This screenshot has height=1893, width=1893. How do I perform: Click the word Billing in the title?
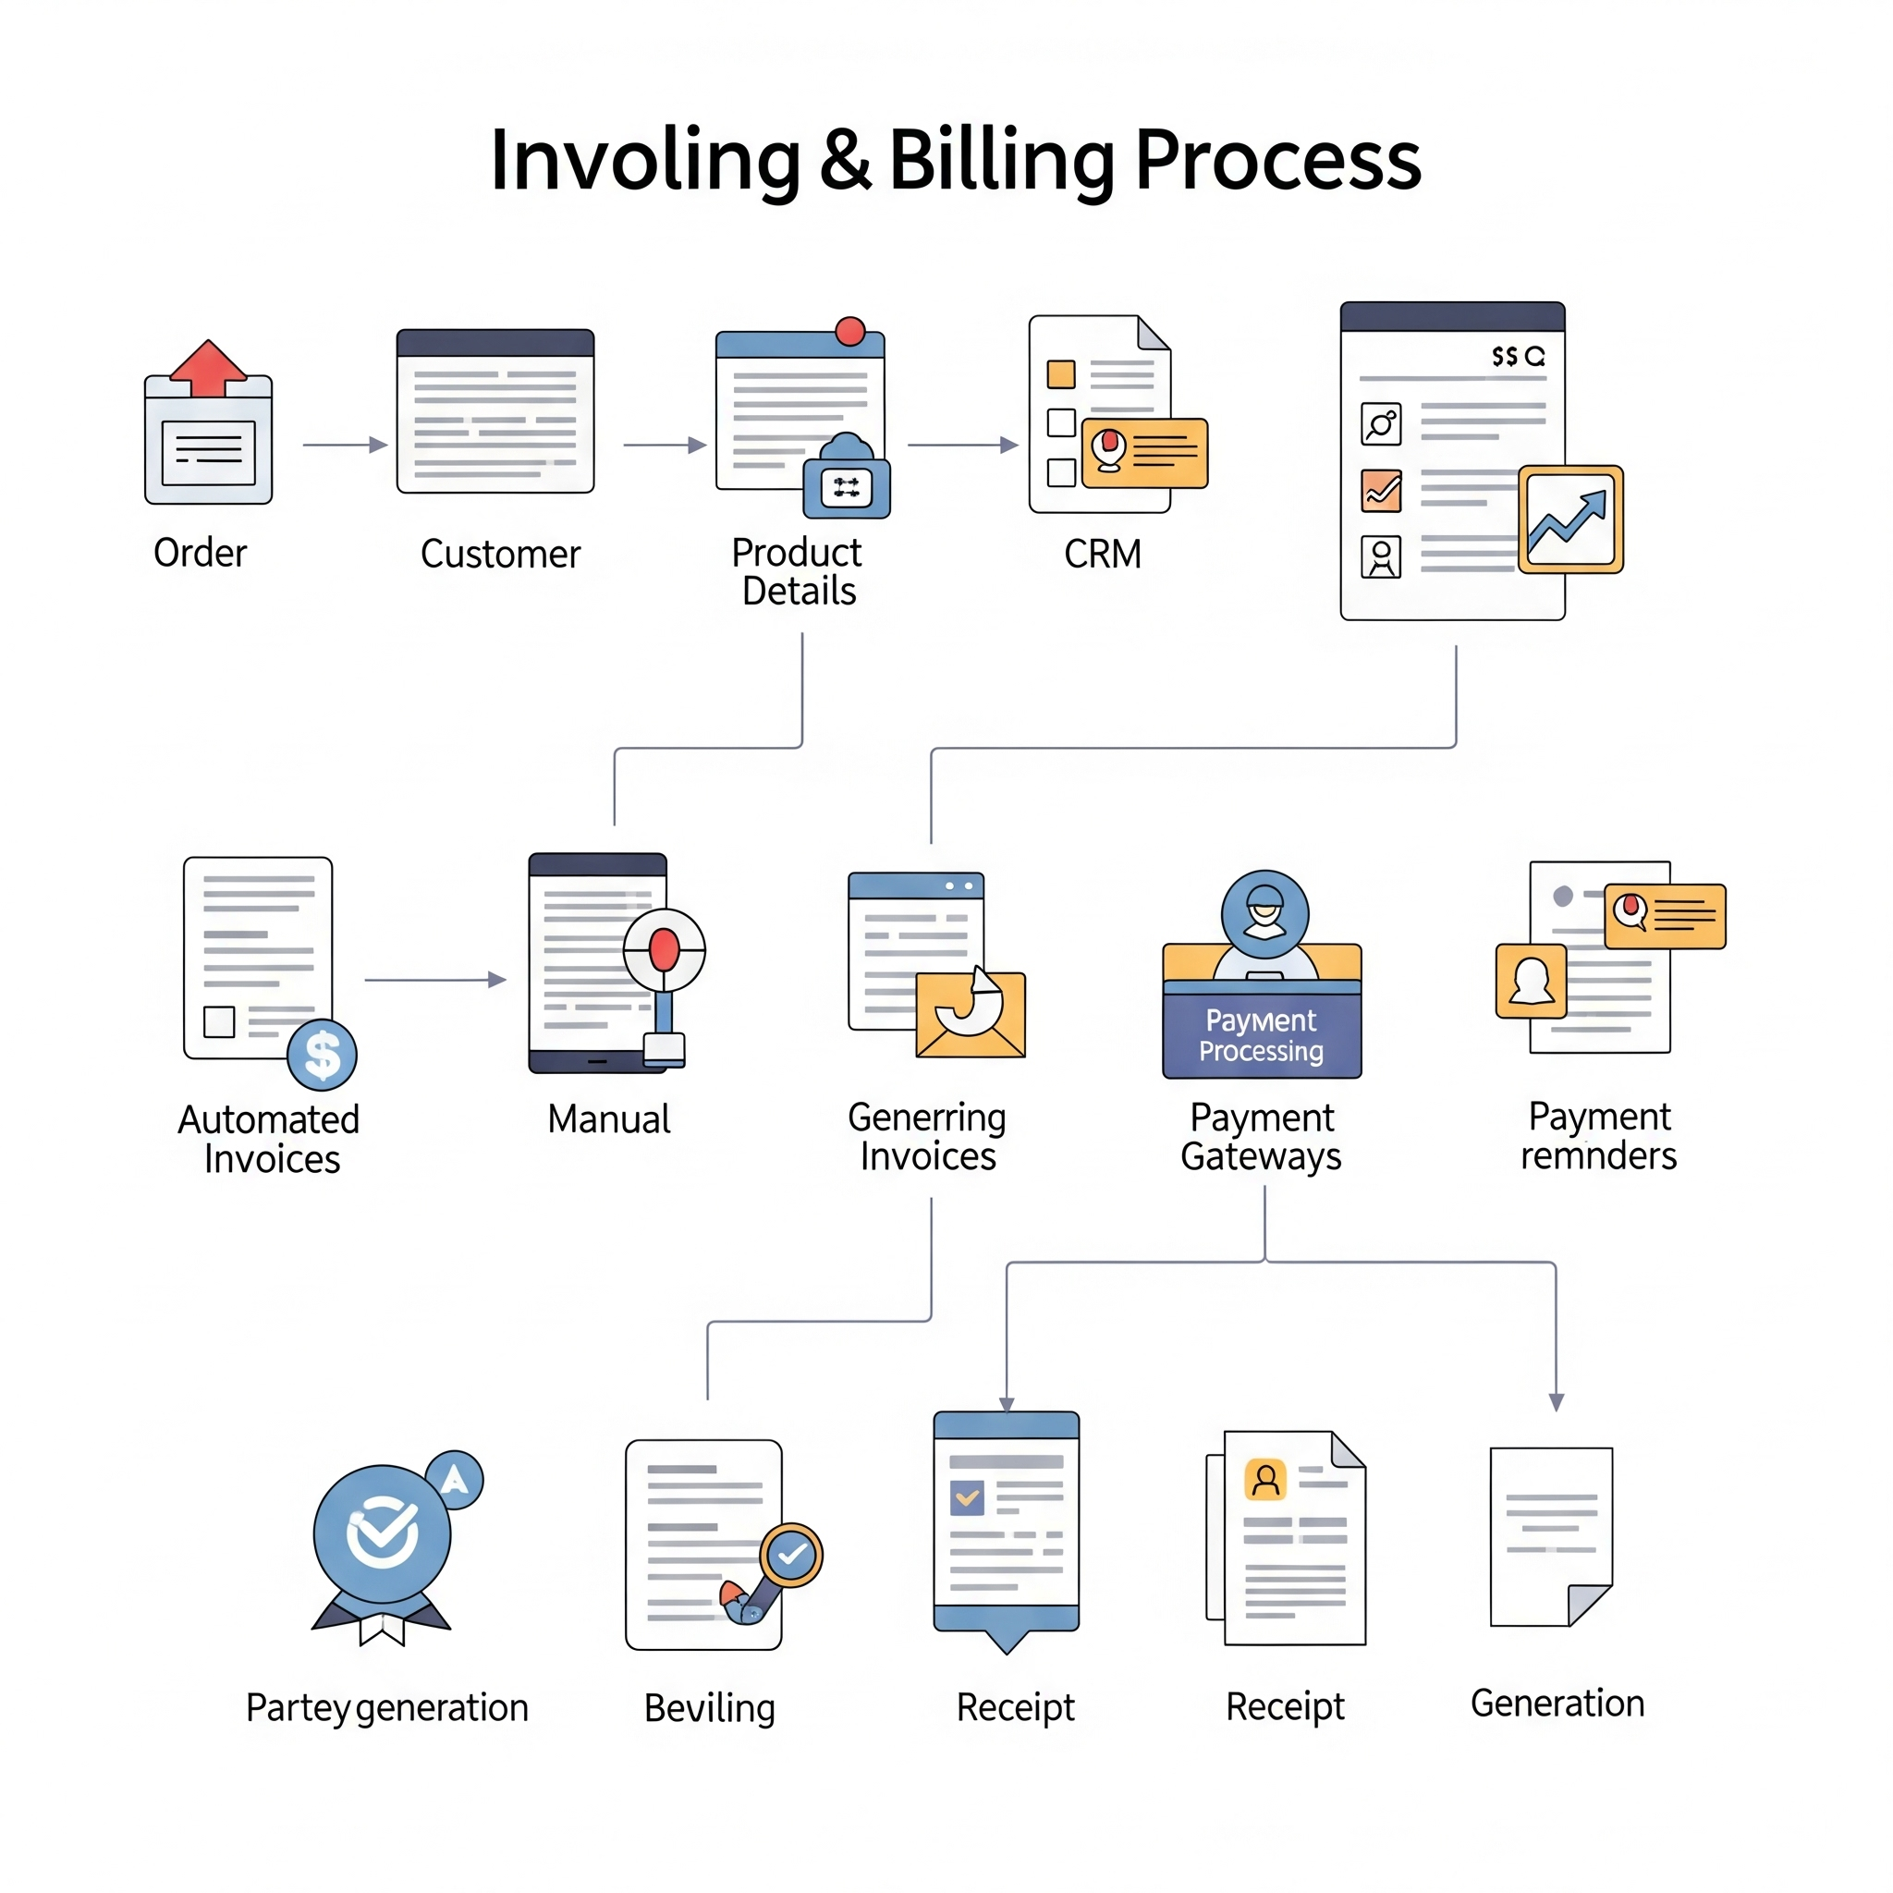(1000, 162)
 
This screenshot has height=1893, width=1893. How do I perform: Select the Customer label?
(500, 555)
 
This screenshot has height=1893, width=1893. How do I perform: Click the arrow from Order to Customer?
(344, 445)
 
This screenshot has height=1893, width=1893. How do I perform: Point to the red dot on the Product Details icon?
(849, 331)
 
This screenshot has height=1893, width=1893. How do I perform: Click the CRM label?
(1103, 555)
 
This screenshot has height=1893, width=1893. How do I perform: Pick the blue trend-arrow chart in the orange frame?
(1569, 519)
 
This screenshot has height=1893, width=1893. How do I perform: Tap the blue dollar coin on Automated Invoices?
(322, 1056)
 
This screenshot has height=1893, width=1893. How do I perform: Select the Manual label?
(608, 1119)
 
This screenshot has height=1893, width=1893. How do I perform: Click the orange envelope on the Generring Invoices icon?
(970, 1016)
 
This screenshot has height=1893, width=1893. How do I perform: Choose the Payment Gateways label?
(1261, 1138)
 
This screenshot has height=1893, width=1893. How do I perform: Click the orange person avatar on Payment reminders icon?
(1531, 982)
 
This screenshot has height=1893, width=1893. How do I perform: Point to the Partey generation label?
(387, 1708)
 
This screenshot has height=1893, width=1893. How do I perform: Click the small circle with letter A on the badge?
(455, 1480)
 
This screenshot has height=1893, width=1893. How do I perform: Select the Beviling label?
(709, 1709)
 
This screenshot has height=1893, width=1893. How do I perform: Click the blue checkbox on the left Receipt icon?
(967, 1498)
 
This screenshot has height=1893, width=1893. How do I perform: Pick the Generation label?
(1557, 1704)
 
